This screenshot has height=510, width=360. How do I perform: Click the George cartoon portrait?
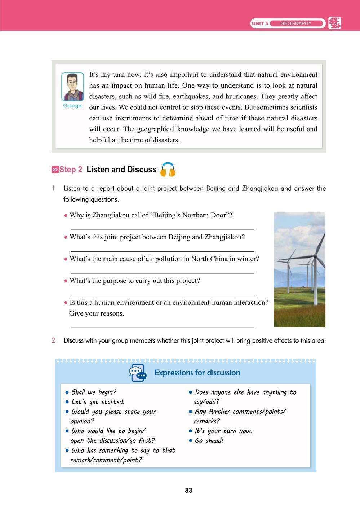[72, 87]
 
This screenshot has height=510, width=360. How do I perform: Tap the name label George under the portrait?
[72, 106]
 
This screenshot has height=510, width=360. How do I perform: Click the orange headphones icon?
[168, 170]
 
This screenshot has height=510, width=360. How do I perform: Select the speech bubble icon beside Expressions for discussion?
[138, 373]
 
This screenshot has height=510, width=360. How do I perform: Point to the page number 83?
[188, 490]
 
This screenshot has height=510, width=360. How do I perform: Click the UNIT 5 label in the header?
[260, 23]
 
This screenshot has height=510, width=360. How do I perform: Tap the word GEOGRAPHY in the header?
[295, 23]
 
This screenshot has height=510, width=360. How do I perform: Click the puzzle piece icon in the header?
[334, 23]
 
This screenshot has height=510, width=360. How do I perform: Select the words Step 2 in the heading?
[71, 170]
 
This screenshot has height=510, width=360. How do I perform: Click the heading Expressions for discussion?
[197, 373]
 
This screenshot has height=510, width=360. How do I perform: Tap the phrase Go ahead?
[209, 440]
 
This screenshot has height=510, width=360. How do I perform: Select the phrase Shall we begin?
[94, 392]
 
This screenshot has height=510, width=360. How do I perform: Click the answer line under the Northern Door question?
[162, 229]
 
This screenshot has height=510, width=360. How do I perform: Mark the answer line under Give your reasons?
[162, 327]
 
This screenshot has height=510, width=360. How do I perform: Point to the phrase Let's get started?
[98, 402]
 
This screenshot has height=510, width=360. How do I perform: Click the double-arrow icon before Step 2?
[55, 170]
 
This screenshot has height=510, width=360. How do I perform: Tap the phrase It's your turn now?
[223, 431]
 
